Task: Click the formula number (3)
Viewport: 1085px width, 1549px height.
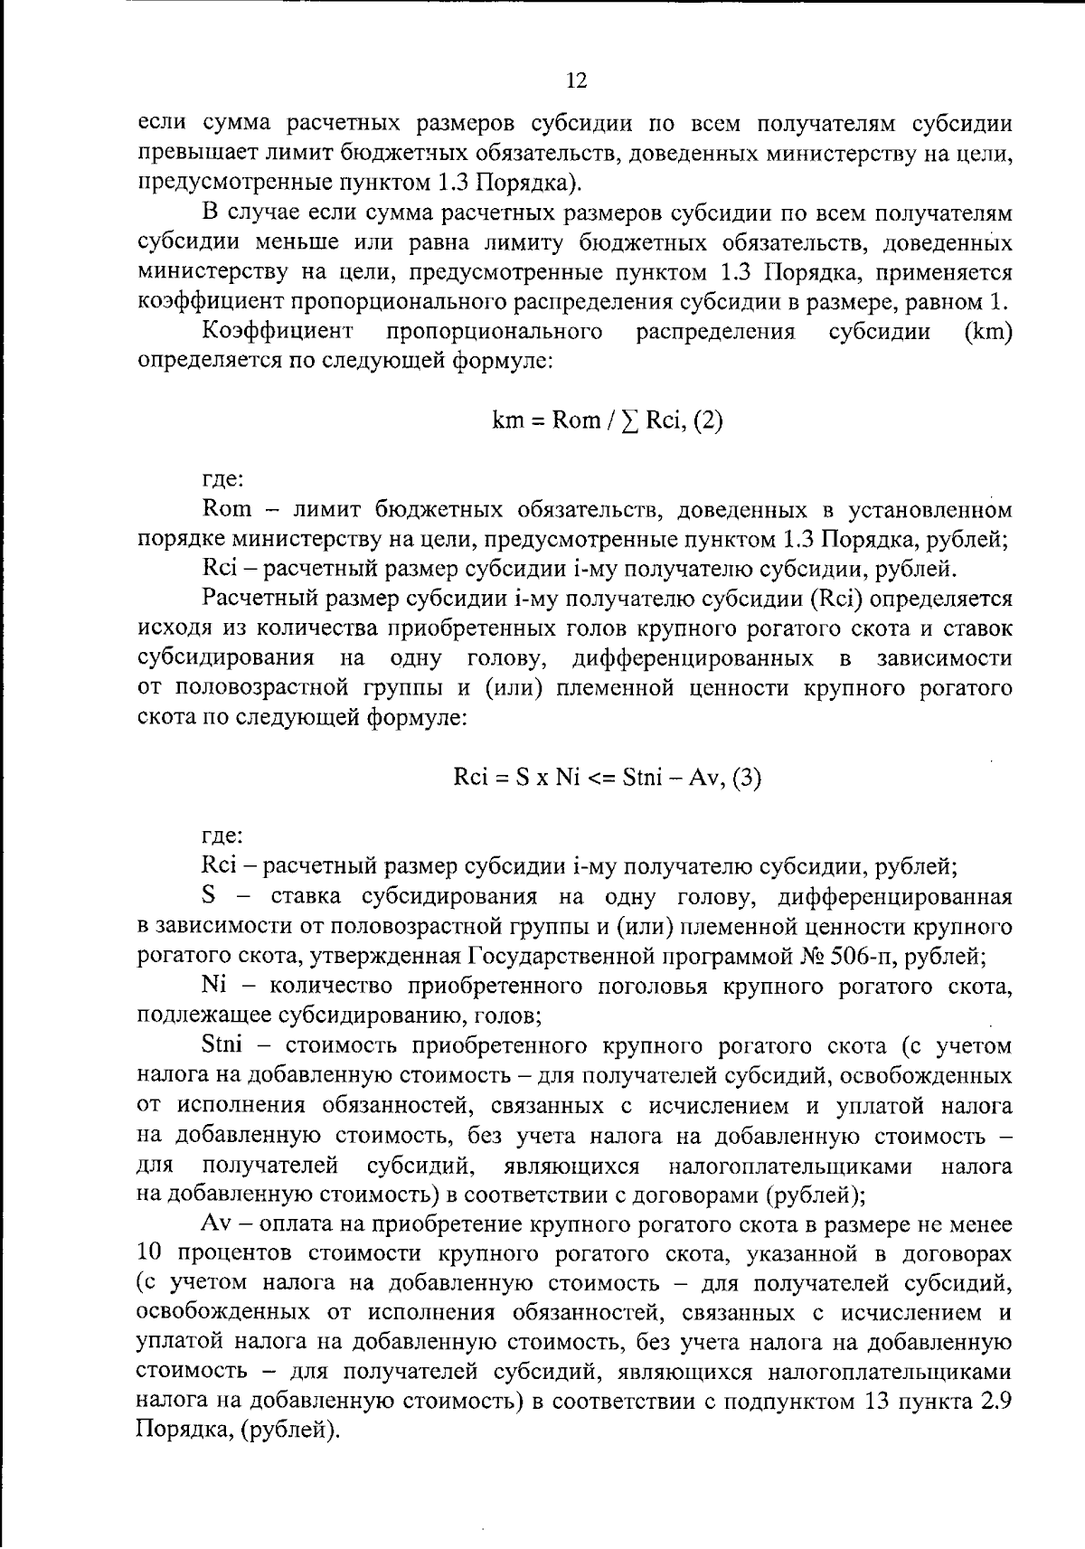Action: pos(746,777)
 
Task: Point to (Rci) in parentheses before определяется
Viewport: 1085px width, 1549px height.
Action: pos(843,599)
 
